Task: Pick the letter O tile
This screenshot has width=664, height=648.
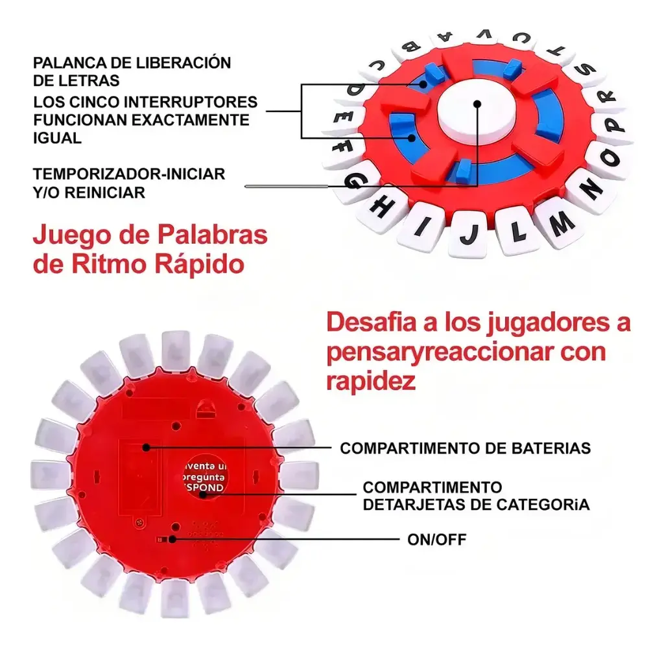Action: (608, 157)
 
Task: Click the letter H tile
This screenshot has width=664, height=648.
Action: (383, 206)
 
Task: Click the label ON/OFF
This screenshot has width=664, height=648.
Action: (436, 539)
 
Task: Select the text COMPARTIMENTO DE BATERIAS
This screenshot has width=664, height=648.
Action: (465, 448)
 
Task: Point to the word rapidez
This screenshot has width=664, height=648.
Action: (370, 381)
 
